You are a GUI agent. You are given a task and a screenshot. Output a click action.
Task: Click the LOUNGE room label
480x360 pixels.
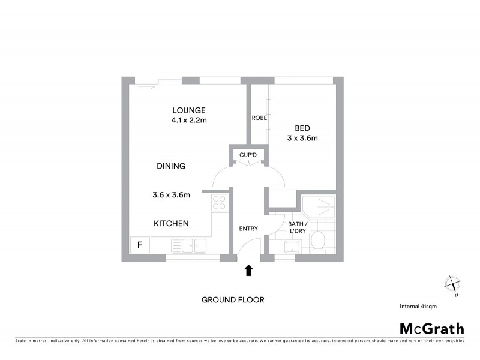point(189,110)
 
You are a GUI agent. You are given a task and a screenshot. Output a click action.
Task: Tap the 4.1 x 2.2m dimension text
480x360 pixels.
point(189,120)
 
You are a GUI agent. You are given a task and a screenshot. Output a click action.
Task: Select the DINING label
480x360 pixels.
point(171,166)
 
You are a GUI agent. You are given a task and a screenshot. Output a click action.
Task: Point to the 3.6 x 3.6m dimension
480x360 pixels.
point(171,194)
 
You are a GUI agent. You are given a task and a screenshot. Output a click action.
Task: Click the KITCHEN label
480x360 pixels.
point(171,223)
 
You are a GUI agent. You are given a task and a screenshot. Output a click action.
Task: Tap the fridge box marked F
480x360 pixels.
point(140,245)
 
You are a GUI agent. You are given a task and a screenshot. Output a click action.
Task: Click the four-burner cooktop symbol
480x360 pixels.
point(219,203)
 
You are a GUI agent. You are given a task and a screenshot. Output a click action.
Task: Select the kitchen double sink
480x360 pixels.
point(188,245)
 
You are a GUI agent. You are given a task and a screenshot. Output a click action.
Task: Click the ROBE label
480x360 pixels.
point(259,118)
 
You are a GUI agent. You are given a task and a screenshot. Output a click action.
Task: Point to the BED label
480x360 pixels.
point(302,128)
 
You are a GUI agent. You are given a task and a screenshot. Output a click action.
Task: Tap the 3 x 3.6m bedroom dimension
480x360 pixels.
point(302,138)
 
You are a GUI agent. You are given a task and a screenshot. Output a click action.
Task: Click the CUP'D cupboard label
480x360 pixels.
point(248,155)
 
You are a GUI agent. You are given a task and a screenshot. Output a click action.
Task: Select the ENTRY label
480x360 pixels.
point(248,229)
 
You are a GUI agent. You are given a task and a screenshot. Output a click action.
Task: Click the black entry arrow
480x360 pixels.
point(249,271)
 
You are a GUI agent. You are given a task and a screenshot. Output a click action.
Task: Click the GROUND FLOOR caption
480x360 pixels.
point(233,300)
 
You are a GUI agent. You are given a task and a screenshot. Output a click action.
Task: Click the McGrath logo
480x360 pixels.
point(432,328)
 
